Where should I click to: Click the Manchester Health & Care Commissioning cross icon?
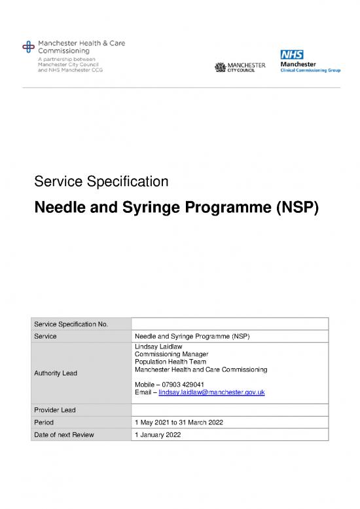pos(27,46)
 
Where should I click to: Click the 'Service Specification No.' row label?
pos(71,324)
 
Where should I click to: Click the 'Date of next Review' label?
pos(64,434)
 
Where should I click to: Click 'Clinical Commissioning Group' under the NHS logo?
pos(310,71)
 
